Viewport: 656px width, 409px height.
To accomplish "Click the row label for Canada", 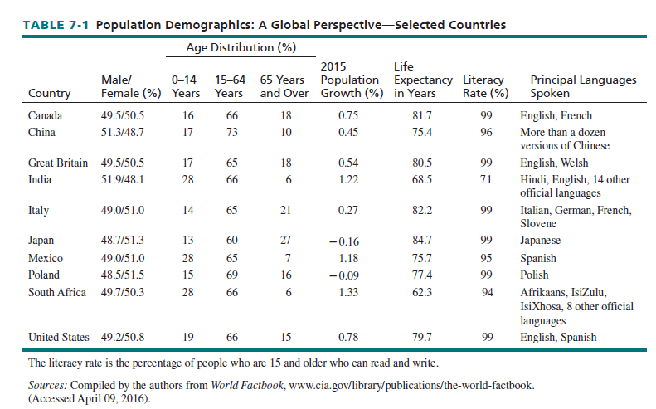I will pos(45,116).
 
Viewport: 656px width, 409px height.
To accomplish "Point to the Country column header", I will pos(49,93).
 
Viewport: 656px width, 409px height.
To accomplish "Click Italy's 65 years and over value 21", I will pos(285,211).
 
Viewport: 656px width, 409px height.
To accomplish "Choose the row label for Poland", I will pos(44,275).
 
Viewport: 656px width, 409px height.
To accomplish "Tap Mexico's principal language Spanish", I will pos(538,258).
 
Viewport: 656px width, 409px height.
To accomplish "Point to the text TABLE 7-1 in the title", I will pos(51,25).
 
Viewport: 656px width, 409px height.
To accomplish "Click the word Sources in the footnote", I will pos(47,387).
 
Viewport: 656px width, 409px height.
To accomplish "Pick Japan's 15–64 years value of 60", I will pos(232,241).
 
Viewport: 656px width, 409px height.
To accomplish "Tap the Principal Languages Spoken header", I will pos(583,86).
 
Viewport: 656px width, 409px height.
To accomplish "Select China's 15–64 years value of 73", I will pos(232,132).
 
